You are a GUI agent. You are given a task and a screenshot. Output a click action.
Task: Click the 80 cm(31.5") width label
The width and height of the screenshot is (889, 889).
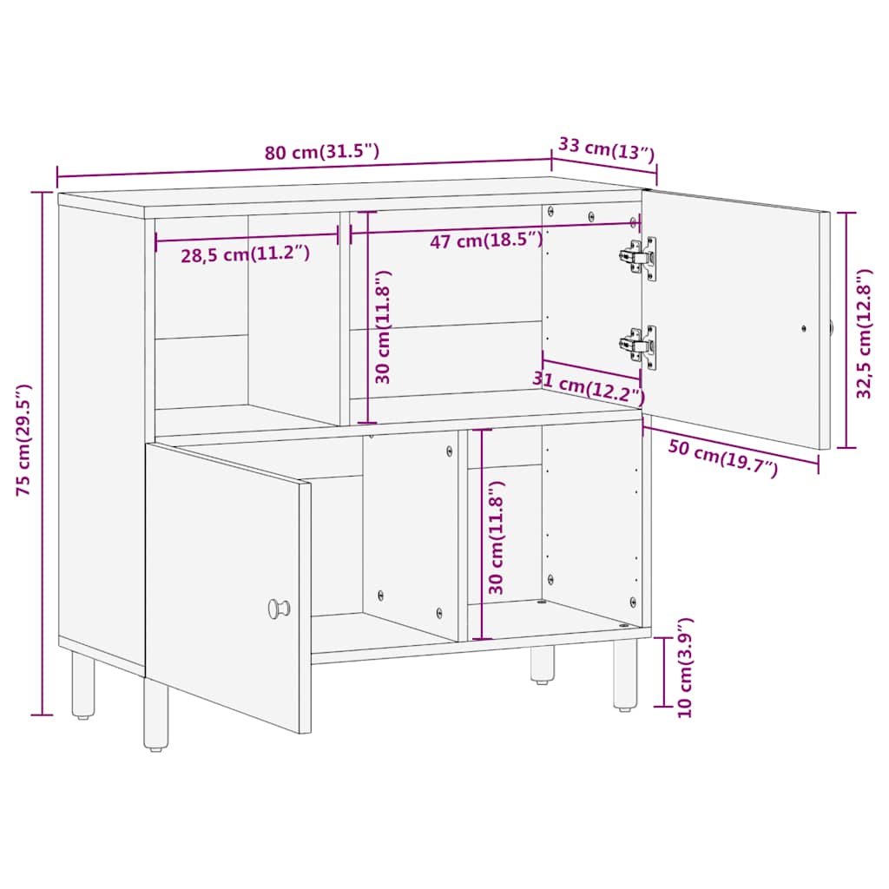[322, 151]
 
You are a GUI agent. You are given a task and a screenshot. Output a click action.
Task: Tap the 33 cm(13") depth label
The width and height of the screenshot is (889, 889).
[607, 148]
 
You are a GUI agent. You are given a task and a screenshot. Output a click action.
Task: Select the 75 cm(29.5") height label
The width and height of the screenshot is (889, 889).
[23, 440]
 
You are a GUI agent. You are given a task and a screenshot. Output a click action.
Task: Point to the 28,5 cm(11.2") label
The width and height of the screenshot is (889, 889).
[246, 254]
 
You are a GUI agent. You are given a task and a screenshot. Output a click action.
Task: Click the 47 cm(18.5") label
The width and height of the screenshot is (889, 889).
[486, 240]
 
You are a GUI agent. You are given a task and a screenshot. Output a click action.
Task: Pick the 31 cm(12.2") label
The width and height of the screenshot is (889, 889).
[589, 386]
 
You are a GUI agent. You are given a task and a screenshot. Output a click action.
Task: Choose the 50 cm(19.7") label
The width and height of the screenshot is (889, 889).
[723, 458]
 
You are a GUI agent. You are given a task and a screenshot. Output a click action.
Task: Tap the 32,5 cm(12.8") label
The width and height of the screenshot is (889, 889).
[864, 333]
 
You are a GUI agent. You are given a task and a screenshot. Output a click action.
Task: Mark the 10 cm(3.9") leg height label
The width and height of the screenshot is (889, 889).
[685, 668]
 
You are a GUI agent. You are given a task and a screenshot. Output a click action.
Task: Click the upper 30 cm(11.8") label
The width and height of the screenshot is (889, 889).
[383, 326]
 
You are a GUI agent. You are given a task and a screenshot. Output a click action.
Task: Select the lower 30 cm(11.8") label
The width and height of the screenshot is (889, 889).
[496, 537]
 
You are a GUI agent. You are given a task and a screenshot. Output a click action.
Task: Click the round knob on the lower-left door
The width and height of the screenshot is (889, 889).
[279, 609]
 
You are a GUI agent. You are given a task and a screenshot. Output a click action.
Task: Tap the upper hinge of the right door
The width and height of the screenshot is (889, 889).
[639, 258]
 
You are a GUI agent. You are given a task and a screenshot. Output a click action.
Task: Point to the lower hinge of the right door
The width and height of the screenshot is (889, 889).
[639, 347]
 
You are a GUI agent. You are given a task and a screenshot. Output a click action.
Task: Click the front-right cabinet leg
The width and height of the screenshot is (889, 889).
[625, 675]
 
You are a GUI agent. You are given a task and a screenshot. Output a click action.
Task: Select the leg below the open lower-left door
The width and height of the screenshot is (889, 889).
[155, 714]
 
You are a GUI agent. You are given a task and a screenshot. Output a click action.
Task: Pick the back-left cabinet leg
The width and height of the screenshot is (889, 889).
[83, 685]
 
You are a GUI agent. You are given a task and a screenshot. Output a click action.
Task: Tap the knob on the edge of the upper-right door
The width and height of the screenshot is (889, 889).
[832, 327]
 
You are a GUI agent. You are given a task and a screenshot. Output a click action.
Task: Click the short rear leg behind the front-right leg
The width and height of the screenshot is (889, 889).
[543, 664]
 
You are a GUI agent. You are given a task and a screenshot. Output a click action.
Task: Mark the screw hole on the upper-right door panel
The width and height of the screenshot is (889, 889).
[803, 328]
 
